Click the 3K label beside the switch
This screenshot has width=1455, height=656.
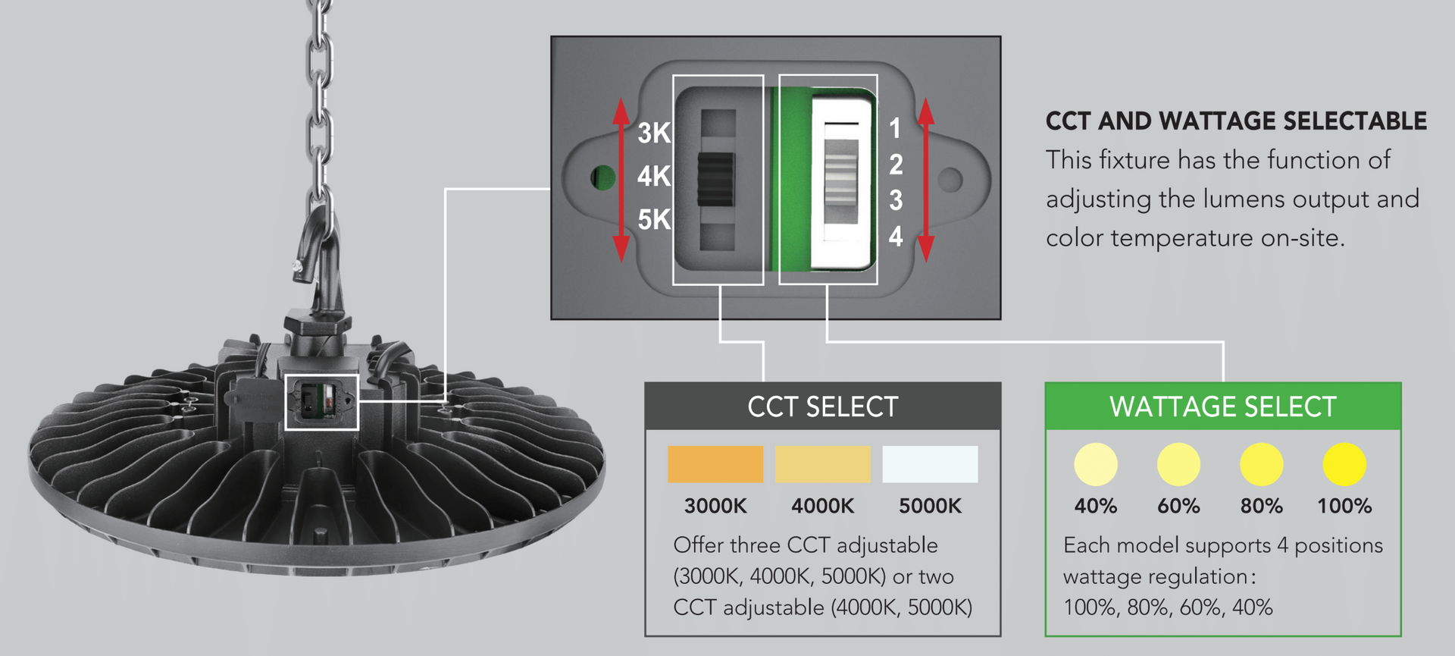653,133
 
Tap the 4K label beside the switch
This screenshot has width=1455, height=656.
653,176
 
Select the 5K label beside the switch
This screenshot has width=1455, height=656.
653,220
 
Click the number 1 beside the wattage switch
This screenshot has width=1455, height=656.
895,128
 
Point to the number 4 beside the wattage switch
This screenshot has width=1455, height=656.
896,237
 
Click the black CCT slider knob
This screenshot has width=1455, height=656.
716,179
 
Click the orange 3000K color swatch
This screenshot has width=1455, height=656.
715,464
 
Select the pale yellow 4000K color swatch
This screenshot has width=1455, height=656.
823,464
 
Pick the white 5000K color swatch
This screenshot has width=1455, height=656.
930,464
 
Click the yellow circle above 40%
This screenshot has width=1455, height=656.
1096,464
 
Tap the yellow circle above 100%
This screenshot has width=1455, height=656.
1344,464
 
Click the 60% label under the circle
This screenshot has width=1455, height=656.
1178,506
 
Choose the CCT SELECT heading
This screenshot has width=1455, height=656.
822,407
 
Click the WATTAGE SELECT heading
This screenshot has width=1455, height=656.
1222,407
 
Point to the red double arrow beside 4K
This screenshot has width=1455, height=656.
621,179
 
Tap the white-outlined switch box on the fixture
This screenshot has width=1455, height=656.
322,401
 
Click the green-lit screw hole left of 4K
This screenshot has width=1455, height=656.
603,177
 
